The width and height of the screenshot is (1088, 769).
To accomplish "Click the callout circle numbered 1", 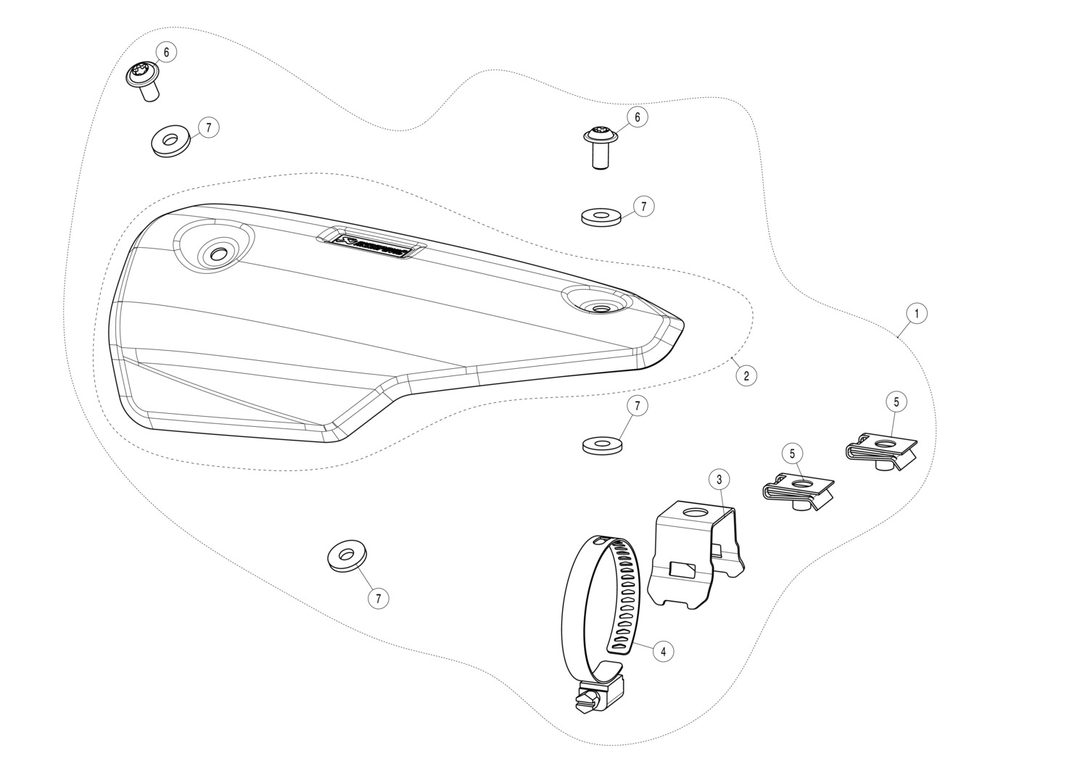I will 916,313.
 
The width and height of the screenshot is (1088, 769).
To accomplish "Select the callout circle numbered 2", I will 746,375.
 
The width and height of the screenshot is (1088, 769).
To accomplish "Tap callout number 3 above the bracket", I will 719,479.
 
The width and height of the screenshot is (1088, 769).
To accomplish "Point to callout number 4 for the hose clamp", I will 662,651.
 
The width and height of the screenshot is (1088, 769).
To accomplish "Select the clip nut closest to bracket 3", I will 799,491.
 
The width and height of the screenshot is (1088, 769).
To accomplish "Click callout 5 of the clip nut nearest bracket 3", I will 792,453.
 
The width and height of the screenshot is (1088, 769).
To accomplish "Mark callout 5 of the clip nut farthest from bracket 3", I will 896,401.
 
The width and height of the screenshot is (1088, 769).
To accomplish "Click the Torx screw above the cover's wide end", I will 143,78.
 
